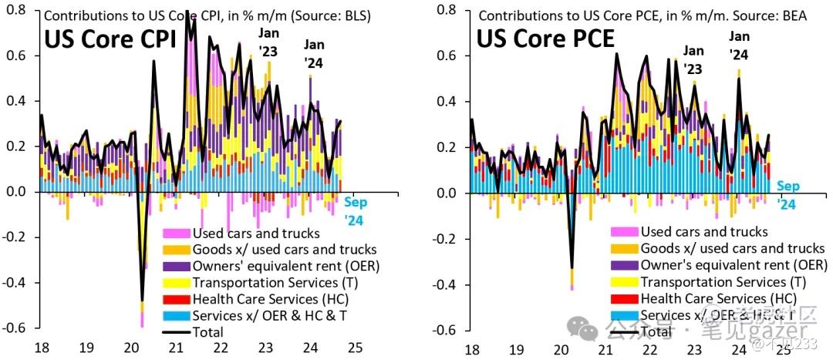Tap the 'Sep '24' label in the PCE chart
[x=787, y=195]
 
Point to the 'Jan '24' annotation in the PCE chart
[x=739, y=45]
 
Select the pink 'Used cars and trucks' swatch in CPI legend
[x=175, y=233]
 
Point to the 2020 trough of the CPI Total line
[x=142, y=299]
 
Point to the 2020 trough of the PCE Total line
[x=572, y=268]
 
